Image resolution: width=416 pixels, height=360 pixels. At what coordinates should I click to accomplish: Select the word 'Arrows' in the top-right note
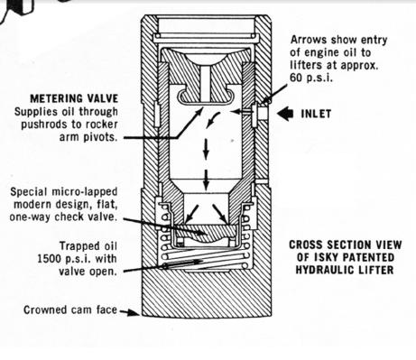310,41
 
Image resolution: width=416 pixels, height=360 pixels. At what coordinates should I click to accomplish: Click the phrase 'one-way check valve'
71,217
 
